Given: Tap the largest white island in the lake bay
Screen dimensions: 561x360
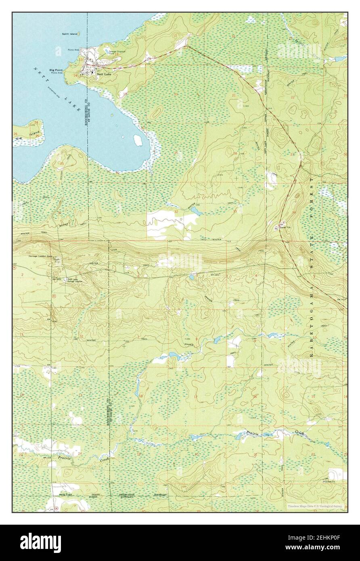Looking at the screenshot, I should click(138, 140).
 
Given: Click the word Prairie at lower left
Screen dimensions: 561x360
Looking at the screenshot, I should click(65, 458).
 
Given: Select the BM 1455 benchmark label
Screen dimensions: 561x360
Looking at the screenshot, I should click(62, 278).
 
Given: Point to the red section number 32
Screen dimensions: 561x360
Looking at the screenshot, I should click(176, 211).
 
